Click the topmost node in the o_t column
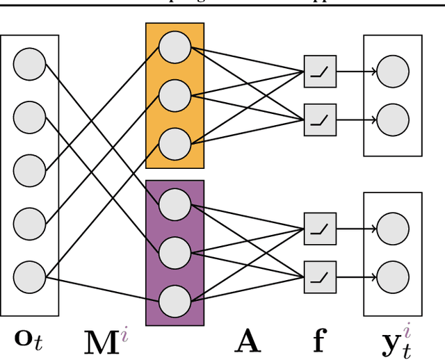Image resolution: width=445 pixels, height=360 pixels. click(x=30, y=64)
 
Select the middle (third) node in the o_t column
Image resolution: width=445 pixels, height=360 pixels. click(x=30, y=170)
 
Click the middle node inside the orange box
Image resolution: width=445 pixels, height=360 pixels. click(x=175, y=95)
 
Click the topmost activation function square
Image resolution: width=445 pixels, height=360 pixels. click(x=320, y=71)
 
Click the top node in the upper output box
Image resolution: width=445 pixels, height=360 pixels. click(x=393, y=71)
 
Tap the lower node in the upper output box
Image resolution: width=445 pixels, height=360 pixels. click(x=393, y=118)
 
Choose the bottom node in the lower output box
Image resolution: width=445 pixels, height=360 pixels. click(x=393, y=275)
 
